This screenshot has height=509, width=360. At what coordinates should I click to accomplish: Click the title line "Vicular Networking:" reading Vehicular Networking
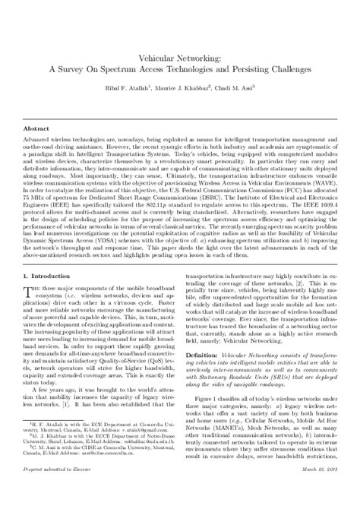[180, 55]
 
